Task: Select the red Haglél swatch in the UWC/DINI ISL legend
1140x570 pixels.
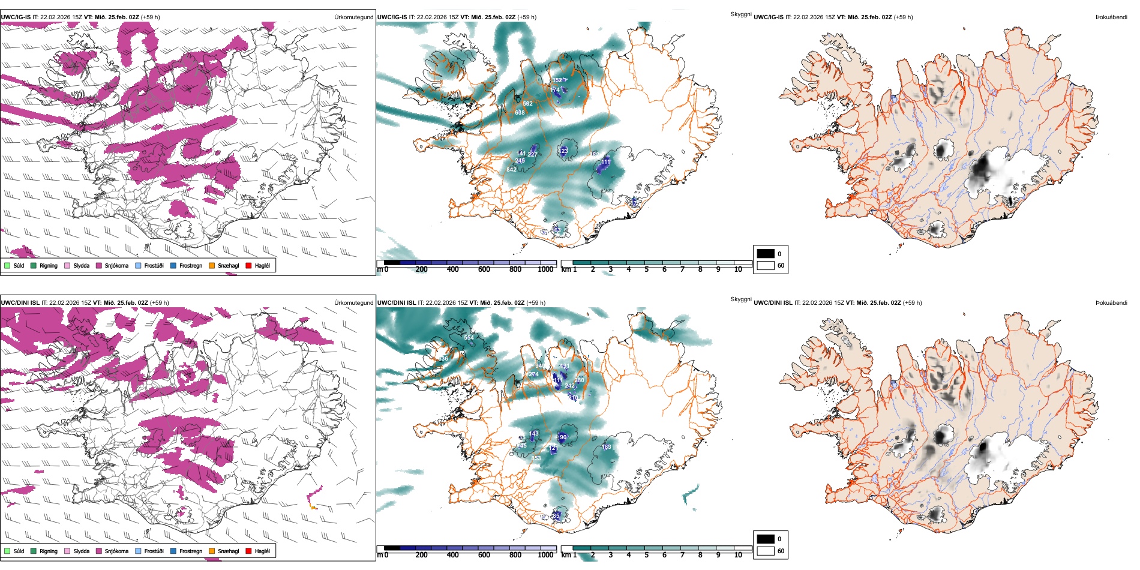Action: click(248, 551)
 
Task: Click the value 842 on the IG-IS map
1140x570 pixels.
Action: click(511, 170)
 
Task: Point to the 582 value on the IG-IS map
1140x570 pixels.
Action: click(527, 104)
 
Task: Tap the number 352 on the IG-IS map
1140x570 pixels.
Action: click(557, 80)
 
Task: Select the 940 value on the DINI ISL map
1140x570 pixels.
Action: click(540, 366)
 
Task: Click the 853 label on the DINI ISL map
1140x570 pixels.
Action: click(536, 458)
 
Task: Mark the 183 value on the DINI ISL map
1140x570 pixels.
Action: click(607, 447)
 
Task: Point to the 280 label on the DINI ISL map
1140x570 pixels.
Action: click(579, 380)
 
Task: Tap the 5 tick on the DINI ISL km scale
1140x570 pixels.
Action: click(647, 555)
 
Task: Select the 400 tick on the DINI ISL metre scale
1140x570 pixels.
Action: click(453, 555)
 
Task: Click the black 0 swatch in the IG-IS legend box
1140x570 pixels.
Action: click(766, 254)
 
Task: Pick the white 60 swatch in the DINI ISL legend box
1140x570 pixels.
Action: click(766, 551)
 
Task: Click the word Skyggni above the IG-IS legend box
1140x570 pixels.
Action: click(740, 14)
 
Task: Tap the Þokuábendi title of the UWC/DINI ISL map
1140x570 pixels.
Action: click(1111, 302)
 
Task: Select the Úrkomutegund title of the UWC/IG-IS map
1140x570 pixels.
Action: click(353, 17)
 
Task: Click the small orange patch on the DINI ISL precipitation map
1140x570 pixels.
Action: click(313, 507)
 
